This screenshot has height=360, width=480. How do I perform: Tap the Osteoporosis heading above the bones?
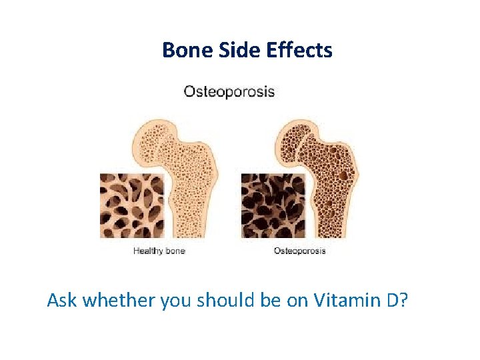tap(229, 91)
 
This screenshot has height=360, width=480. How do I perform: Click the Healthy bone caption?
tap(159, 251)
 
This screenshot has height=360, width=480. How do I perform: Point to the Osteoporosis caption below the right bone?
tap(299, 251)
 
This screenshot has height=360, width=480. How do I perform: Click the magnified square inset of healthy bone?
tap(132, 205)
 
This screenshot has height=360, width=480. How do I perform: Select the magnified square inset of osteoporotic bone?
tap(273, 205)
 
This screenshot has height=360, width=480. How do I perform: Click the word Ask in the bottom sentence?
tap(62, 301)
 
